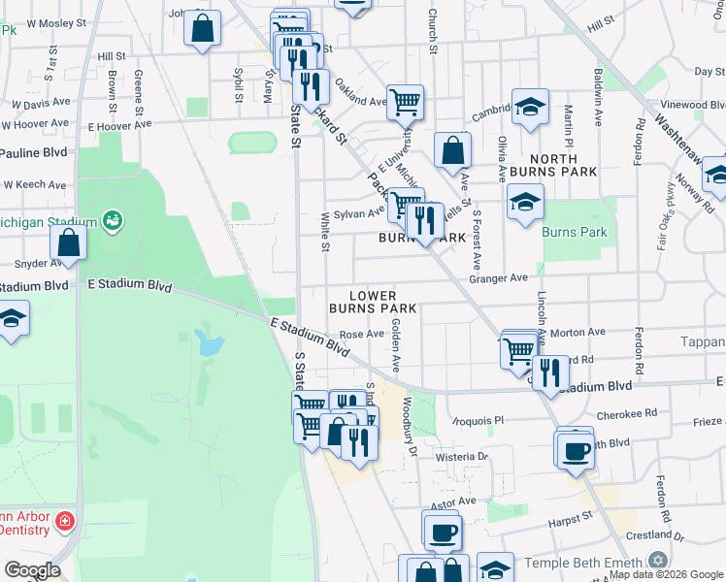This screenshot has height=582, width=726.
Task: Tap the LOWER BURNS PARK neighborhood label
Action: click(x=373, y=302)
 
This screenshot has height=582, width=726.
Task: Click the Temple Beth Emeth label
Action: click(x=583, y=563)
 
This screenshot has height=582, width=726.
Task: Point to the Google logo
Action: click(x=31, y=570)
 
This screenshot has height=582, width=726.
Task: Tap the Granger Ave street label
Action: click(x=498, y=278)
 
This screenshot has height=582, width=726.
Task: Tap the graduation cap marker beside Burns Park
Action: click(x=525, y=202)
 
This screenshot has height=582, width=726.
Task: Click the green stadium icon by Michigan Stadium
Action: click(x=114, y=221)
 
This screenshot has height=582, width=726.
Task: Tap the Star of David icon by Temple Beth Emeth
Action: click(x=658, y=562)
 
